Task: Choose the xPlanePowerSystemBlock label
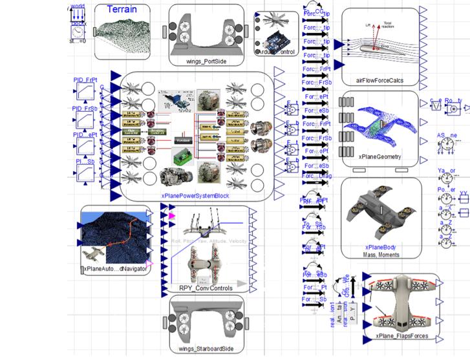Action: tap(196, 196)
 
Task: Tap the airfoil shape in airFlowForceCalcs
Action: tap(378, 49)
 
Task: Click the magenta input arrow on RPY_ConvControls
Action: tap(171, 215)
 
